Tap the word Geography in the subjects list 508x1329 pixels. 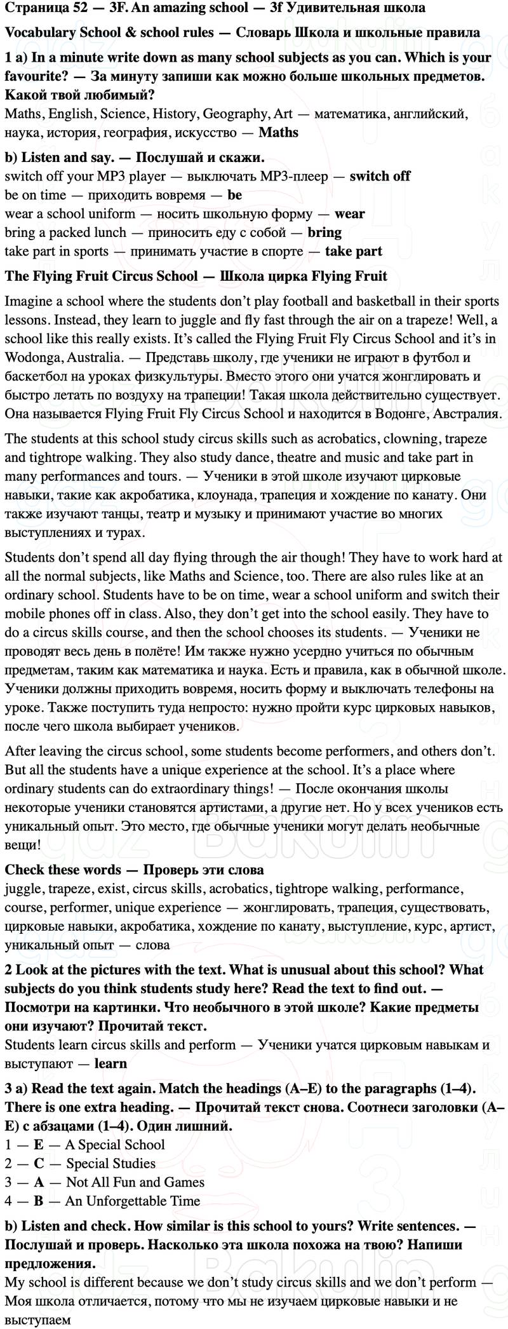click(237, 114)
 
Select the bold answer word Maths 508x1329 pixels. click(278, 133)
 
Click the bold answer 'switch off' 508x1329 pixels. click(380, 176)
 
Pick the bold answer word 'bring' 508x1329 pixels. click(324, 233)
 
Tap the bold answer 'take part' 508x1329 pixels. click(353, 251)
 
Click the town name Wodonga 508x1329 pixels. click(32, 357)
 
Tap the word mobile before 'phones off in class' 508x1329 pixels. click(25, 614)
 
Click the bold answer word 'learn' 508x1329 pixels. click(110, 1063)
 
